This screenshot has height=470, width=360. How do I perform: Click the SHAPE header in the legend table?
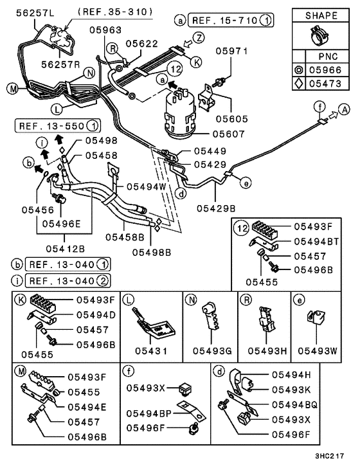coord(319,15)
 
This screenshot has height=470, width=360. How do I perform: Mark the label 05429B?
coord(216,208)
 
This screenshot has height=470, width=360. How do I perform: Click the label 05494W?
coord(146,186)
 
